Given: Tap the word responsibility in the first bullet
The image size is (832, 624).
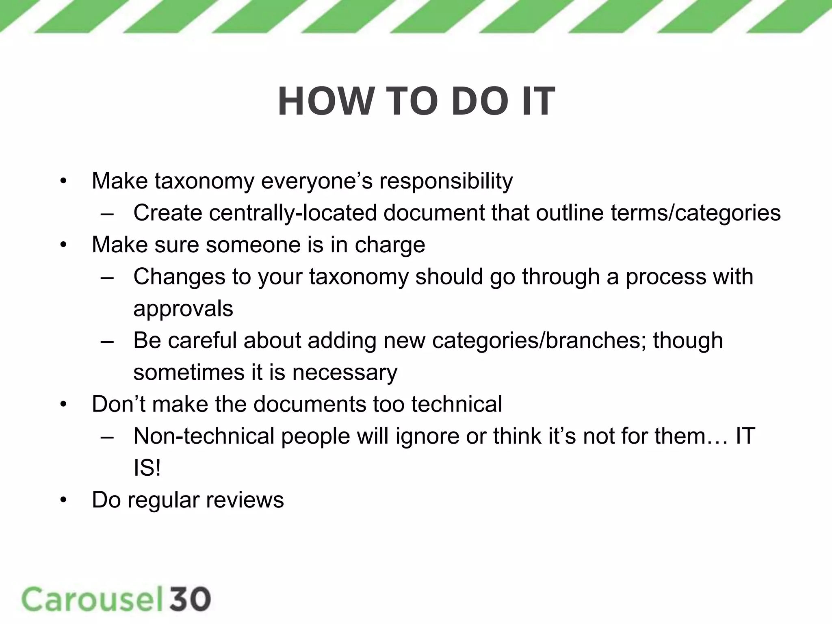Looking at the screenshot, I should click(x=446, y=181).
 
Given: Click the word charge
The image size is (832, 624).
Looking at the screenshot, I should click(x=390, y=245).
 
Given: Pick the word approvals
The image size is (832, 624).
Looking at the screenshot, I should click(x=183, y=309).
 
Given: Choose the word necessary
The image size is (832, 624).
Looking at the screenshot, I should click(x=344, y=373).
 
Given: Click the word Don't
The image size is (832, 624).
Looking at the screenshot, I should click(x=118, y=404).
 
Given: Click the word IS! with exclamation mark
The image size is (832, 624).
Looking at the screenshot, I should click(x=147, y=468).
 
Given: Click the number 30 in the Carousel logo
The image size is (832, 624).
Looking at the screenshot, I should click(x=191, y=599).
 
